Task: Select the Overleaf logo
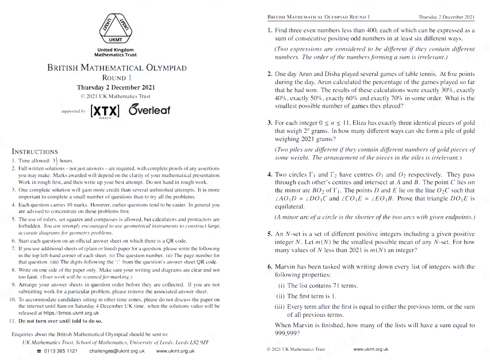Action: [x=149, y=109]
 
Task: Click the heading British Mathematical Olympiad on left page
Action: [x=117, y=68]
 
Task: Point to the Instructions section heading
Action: [x=35, y=152]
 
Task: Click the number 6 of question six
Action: [x=270, y=267]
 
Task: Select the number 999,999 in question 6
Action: [x=288, y=333]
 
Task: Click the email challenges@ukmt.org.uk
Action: [x=113, y=350]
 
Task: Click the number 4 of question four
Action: [x=270, y=175]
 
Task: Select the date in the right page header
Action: [x=446, y=18]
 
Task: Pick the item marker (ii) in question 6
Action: [x=281, y=296]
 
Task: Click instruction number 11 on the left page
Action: [x=13, y=320]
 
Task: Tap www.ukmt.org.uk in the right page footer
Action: [x=371, y=349]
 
